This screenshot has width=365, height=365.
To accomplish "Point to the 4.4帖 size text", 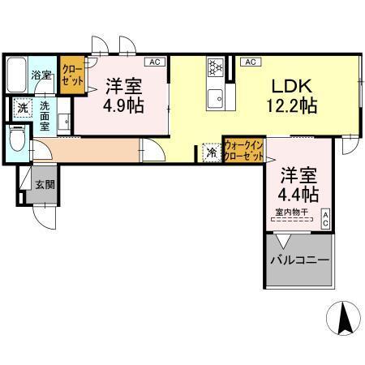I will pos(299,195).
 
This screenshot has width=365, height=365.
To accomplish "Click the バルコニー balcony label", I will pos(299,261).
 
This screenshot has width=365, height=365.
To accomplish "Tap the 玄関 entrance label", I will pos(45,185).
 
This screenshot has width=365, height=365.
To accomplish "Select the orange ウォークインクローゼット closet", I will pos(243,150).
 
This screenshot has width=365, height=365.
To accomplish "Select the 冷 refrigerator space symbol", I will pos(211,152).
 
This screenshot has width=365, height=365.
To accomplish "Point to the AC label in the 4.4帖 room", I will pos(325,217).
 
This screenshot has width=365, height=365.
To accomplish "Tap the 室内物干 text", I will pos(289,213).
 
